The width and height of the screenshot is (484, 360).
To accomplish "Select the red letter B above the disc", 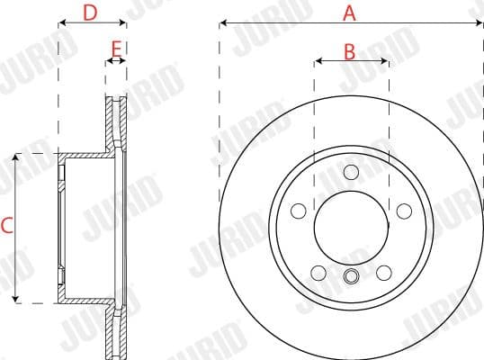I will pyautogui.click(x=350, y=51).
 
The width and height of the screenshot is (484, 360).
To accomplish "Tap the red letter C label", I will pyautogui.click(x=6, y=226).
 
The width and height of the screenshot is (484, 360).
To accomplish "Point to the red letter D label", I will pyautogui.click(x=90, y=13).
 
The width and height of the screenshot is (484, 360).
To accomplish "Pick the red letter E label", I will pyautogui.click(x=115, y=48).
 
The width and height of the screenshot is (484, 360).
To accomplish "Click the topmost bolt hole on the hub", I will pyautogui.click(x=351, y=172).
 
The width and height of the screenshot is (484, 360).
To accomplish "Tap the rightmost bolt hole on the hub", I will pyautogui.click(x=404, y=211).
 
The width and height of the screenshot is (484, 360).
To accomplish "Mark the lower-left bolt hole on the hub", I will pyautogui.click(x=318, y=272).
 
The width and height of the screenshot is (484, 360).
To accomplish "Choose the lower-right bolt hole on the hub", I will pyautogui.click(x=384, y=272).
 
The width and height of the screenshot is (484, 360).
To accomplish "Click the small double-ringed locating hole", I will pyautogui.click(x=351, y=276).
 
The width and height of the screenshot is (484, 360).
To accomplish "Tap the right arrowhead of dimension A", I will pyautogui.click(x=480, y=24).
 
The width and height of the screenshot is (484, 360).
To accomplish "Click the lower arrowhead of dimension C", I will pyautogui.click(x=16, y=299).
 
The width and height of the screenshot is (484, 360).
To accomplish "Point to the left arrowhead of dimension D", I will pyautogui.click(x=61, y=24).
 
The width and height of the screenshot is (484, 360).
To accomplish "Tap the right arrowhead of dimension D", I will pyautogui.click(x=122, y=24).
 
